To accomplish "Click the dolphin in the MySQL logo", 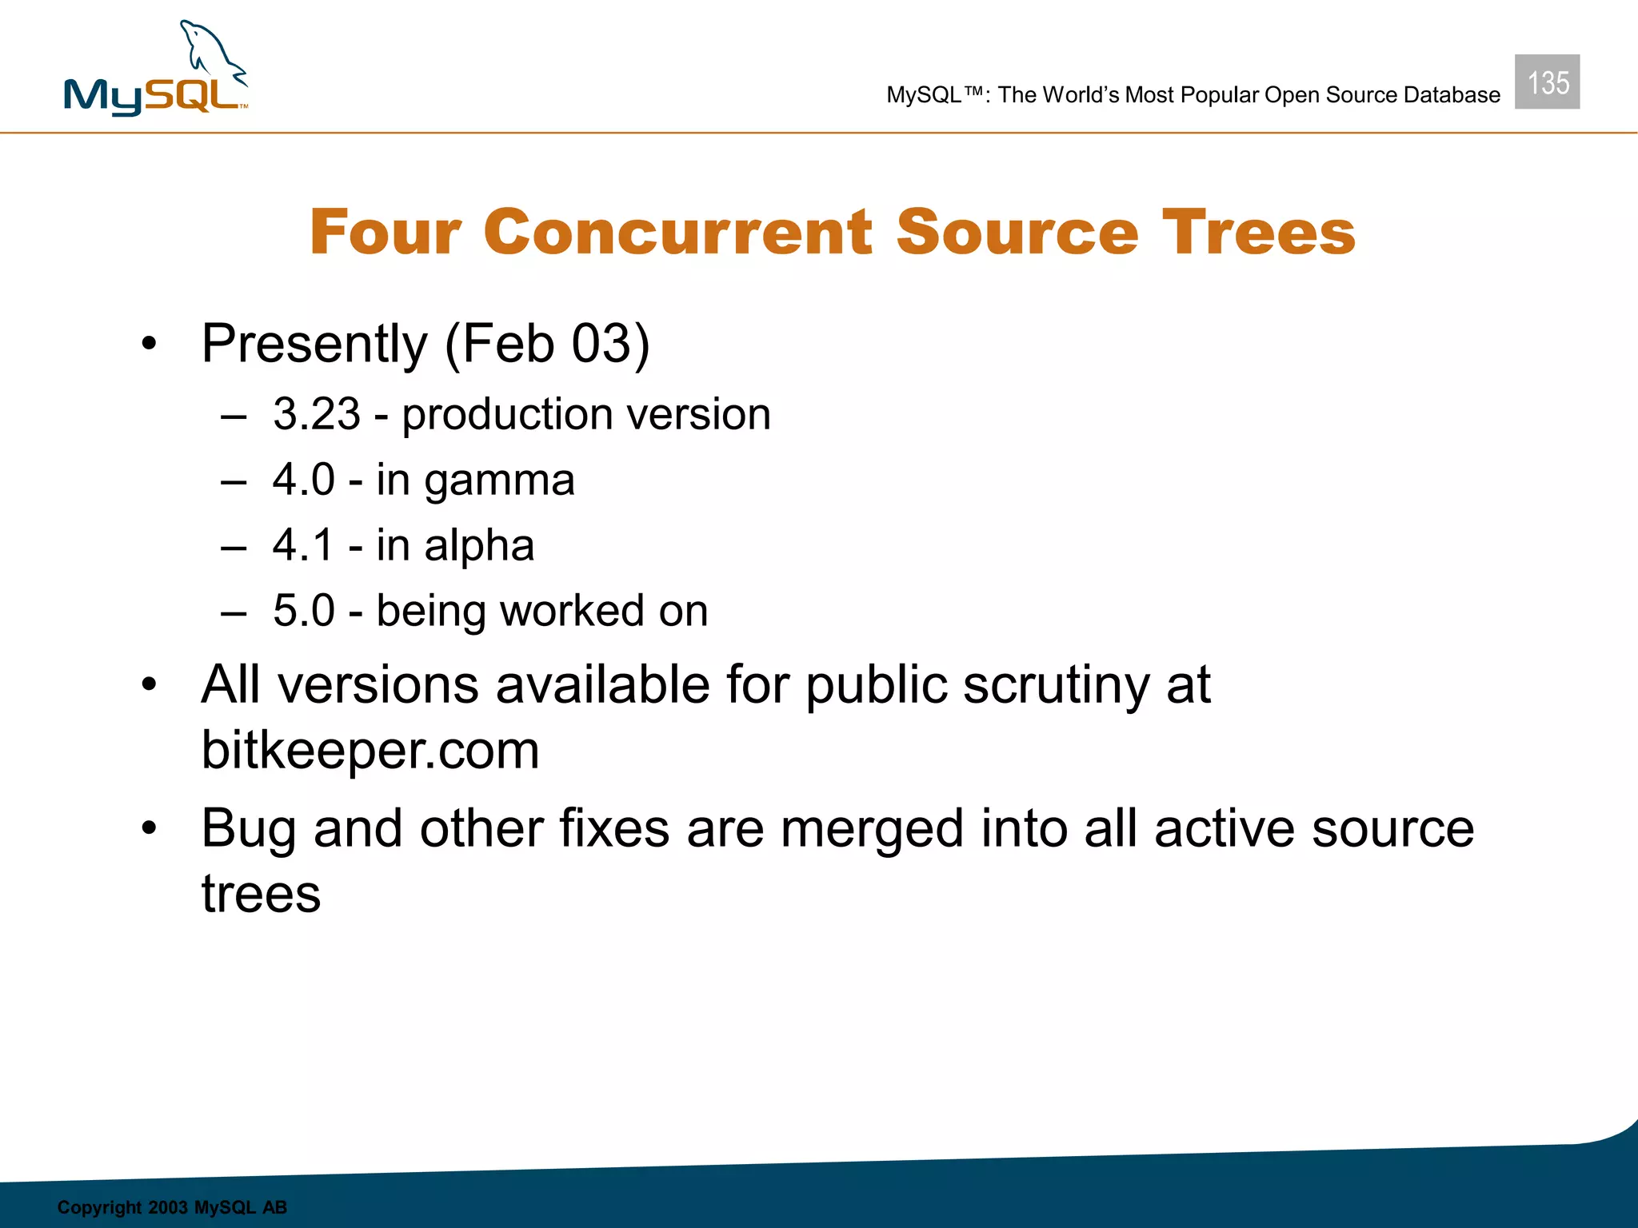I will click(x=210, y=52).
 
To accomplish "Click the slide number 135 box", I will click(x=1547, y=82).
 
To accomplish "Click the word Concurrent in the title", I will click(x=677, y=233).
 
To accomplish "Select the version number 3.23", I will click(x=317, y=414).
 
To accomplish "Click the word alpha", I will click(x=479, y=546).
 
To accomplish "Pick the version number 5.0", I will click(x=304, y=611).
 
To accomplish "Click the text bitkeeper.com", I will click(x=370, y=751).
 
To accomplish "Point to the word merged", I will click(x=872, y=830).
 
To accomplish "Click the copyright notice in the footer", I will click(x=172, y=1207).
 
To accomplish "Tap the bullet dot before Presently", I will click(x=149, y=345).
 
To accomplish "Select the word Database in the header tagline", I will click(x=1452, y=95).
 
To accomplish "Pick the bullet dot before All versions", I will click(x=149, y=686).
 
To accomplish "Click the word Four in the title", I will click(x=385, y=233).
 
